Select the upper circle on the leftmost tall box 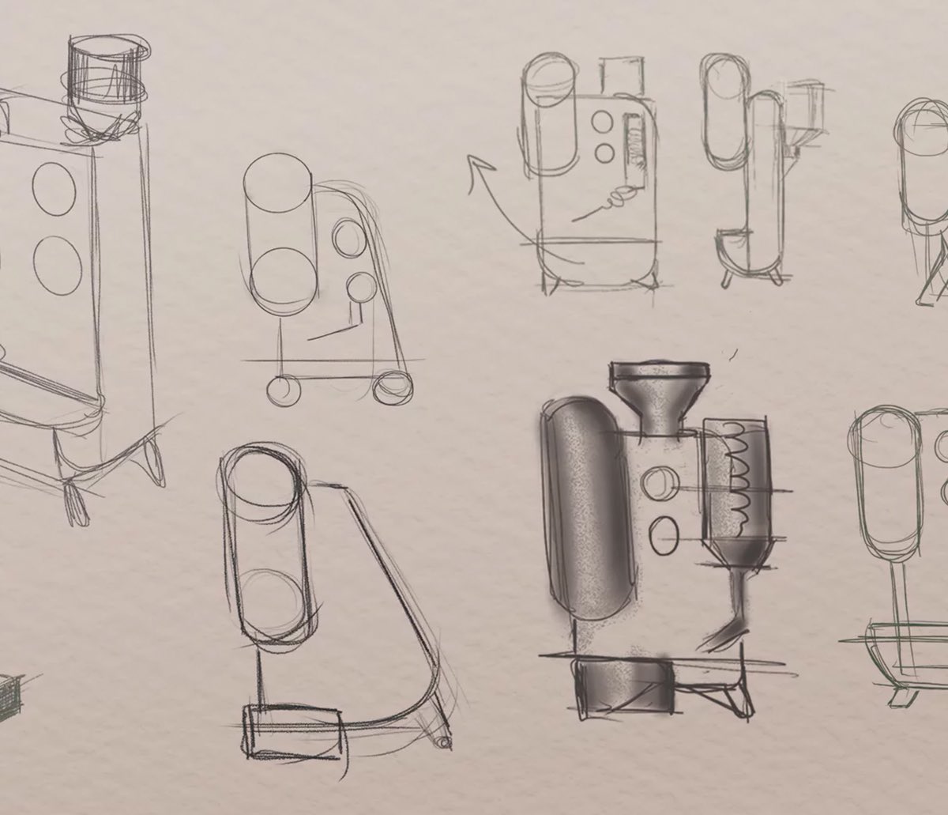[x=55, y=189]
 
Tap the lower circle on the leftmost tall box [x=58, y=266]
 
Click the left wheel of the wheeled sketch [x=284, y=390]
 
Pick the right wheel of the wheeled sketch [x=393, y=387]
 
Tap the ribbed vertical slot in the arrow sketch [x=633, y=145]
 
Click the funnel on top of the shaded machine [x=659, y=394]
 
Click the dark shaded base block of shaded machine [x=624, y=688]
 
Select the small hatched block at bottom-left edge [x=9, y=696]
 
